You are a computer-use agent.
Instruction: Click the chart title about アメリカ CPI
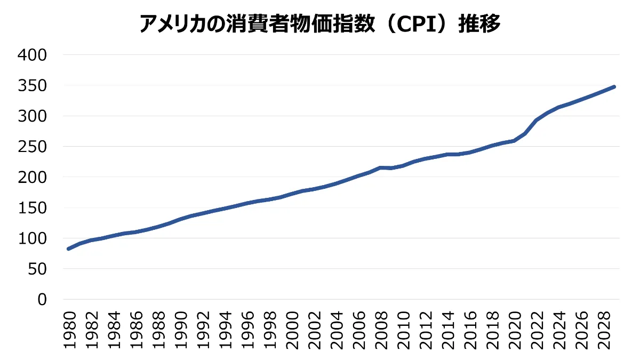point(320,24)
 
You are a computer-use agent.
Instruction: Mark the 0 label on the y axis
point(42,300)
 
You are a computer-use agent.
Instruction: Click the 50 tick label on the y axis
point(37,269)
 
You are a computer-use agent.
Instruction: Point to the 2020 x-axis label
point(515,331)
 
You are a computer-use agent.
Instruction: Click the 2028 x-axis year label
point(604,331)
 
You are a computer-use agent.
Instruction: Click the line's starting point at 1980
point(69,249)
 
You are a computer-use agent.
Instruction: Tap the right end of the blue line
point(614,86)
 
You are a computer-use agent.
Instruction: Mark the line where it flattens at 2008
point(381,167)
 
